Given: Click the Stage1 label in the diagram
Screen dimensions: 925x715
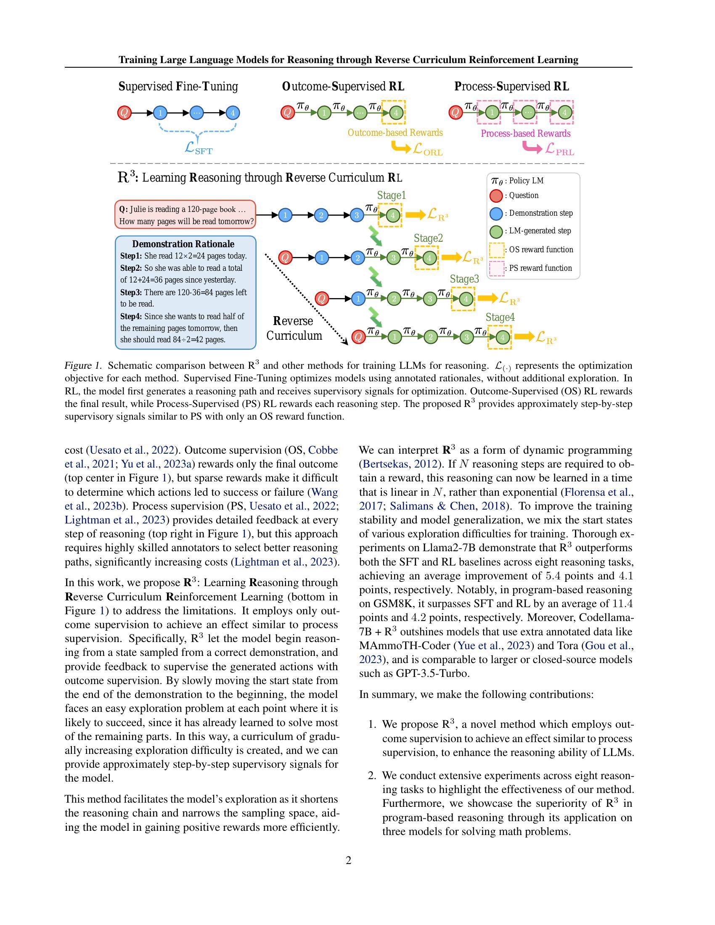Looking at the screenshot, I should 392,195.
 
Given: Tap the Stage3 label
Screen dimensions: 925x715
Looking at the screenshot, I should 464,279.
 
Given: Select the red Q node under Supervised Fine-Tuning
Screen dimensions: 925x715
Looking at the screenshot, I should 124,113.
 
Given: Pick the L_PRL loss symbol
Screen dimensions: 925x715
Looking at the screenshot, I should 559,149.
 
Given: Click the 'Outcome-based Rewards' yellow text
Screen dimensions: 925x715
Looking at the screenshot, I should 395,132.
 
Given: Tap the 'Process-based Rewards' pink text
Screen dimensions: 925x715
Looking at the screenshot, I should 525,133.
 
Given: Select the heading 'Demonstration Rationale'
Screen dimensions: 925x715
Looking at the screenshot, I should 183,244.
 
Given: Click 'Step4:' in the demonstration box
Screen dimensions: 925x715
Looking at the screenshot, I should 131,316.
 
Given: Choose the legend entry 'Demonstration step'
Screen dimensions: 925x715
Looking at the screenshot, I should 540,213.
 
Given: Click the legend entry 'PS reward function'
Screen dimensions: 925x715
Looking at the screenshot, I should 540,268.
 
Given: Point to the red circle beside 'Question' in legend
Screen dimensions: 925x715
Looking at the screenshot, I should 495,196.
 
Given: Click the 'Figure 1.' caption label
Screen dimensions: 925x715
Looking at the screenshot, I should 83,365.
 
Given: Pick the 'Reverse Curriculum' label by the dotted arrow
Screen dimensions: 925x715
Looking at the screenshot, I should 294,328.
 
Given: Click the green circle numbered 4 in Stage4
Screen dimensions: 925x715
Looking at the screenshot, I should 502,337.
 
